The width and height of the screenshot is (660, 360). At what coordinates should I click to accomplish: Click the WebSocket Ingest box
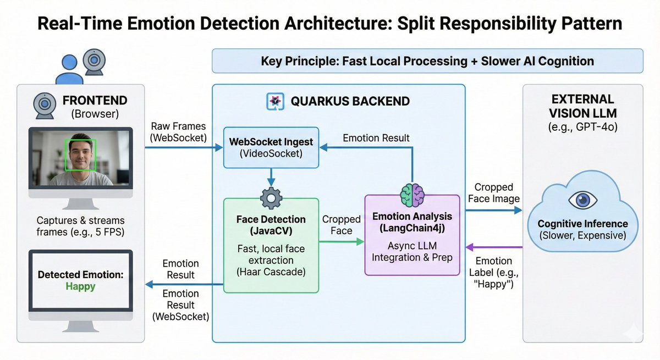(x=271, y=147)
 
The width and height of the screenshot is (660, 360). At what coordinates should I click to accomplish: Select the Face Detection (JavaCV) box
(x=271, y=245)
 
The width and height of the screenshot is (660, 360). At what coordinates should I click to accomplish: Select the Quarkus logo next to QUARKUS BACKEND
(x=274, y=101)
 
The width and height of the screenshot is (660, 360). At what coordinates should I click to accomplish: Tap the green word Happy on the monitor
(x=80, y=286)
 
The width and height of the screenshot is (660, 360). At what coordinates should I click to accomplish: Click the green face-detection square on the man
(x=81, y=155)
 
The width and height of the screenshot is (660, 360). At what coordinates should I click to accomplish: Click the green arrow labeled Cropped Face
(x=342, y=241)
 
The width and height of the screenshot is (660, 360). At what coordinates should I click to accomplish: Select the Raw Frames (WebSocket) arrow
(x=179, y=147)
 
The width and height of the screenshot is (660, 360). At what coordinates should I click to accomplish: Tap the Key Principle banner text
(x=427, y=60)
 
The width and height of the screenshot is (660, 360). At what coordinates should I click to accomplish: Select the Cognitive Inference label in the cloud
(x=582, y=224)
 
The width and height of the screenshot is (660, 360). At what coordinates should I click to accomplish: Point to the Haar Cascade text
(x=271, y=272)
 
